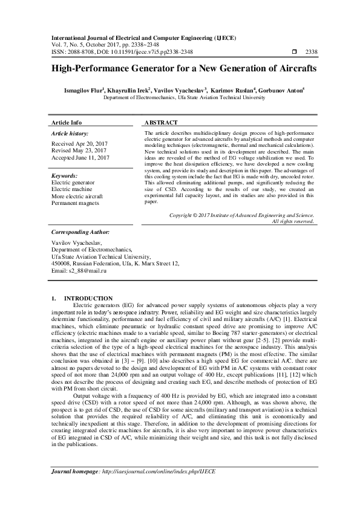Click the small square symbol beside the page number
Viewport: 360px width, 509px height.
coord(295,51)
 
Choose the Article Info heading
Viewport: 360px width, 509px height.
coord(67,122)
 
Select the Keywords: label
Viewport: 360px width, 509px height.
coord(65,175)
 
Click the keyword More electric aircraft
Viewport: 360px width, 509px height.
coord(77,196)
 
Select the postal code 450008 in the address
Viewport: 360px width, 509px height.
coord(64,264)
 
